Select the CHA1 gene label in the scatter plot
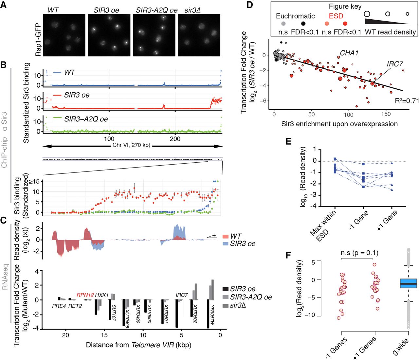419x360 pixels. [x=349, y=53]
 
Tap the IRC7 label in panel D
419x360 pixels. [x=394, y=64]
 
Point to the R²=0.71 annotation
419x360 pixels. [x=407, y=101]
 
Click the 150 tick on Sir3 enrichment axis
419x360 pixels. [x=386, y=115]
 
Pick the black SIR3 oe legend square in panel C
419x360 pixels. [x=225, y=289]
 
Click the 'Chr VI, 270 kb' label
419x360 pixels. [x=131, y=145]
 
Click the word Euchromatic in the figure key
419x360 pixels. [x=295, y=16]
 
